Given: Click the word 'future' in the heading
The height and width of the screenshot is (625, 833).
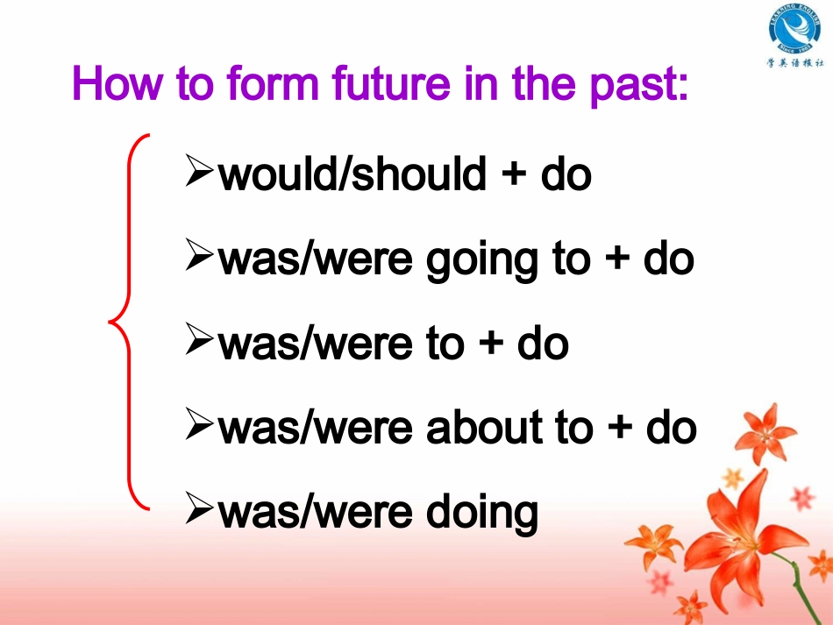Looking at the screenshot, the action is pos(391,83).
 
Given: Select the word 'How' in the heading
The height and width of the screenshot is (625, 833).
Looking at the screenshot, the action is pos(117,83).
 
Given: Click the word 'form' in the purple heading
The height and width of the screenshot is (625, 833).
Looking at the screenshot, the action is pos(273,83).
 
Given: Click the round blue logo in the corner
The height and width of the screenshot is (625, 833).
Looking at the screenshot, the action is pos(794,29).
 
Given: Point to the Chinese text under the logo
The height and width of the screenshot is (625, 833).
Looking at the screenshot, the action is pos(795,63).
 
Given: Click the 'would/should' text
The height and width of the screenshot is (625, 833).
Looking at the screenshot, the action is pos(352,174).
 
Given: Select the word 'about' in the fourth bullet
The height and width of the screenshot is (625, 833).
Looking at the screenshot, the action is pos(483,427).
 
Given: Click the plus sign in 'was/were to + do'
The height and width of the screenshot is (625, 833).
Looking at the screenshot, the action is pos(491,343).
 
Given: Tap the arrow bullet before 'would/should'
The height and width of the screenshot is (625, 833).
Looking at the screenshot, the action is pos(199,170).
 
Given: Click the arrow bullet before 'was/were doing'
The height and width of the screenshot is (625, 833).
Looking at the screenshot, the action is pos(199,508).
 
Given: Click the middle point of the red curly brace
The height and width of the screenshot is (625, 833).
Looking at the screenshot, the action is pos(110,321).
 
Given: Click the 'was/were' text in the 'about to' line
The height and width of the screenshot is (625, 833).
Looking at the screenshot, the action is pos(315,427).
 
